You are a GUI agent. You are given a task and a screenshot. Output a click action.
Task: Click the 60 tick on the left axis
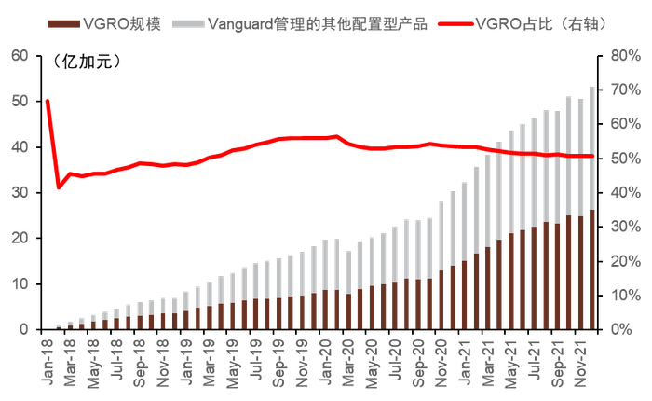[x=19, y=56]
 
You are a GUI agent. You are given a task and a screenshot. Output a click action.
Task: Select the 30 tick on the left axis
[x=19, y=193]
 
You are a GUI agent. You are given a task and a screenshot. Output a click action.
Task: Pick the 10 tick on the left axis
[x=19, y=284]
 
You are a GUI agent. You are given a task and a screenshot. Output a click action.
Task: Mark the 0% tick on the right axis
[x=618, y=330]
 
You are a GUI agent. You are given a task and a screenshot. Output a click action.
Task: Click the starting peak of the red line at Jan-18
[x=48, y=101]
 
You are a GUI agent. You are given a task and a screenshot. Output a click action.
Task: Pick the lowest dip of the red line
[x=59, y=187]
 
